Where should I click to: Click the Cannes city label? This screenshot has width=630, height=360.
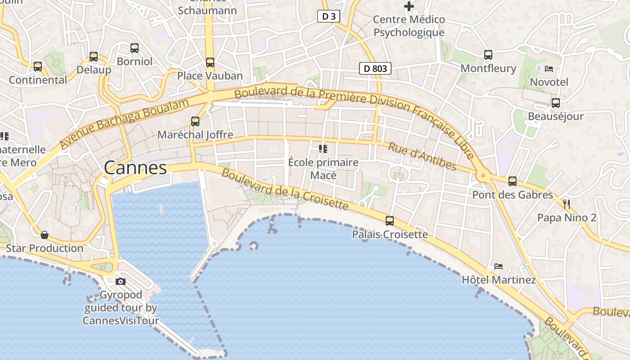coord(135,168)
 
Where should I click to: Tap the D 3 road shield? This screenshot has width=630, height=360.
coord(328,17)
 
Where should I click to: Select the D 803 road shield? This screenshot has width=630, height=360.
coord(375,69)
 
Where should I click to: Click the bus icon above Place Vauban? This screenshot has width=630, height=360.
coord(210,63)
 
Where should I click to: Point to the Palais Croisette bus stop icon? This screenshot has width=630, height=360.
coord(390,221)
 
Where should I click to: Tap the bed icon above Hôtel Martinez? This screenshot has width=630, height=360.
coord(498,266)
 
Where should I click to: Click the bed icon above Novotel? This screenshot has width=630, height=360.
coord(549,69)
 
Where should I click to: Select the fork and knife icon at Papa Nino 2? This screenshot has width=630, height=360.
coord(567,204)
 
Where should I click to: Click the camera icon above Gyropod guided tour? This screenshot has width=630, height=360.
coord(121,282)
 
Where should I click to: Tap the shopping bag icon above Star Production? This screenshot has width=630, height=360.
coord(45,235)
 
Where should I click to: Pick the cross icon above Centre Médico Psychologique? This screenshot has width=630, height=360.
coord(409,6)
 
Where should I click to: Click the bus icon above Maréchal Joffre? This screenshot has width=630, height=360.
coord(195,121)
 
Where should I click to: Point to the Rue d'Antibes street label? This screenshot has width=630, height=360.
coord(422,157)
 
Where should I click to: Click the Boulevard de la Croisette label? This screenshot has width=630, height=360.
coord(285,189)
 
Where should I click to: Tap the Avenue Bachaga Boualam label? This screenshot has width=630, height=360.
coord(124,124)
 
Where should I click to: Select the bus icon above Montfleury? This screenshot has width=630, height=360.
coord(488,55)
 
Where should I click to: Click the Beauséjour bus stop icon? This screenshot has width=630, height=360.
coord(556,103)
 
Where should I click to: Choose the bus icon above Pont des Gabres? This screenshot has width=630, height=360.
coord(512,181)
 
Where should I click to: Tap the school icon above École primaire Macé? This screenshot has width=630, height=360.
coord(323,148)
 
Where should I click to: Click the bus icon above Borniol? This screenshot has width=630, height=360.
coord(134,48)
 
